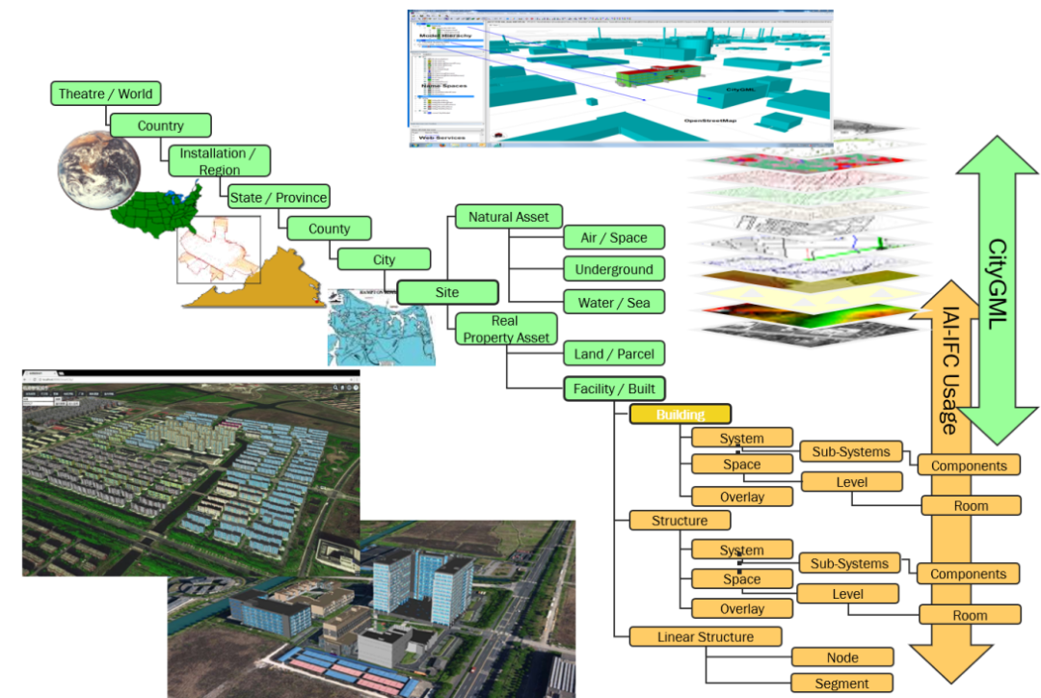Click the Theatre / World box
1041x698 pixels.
click(x=105, y=94)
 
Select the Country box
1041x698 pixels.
click(x=160, y=125)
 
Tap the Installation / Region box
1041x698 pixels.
click(x=219, y=161)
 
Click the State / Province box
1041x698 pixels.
click(x=278, y=198)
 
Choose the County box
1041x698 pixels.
click(x=328, y=228)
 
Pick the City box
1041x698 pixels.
click(x=384, y=259)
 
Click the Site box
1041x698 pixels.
click(x=447, y=291)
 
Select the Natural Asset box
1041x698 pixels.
click(x=508, y=217)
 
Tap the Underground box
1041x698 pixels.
click(x=614, y=270)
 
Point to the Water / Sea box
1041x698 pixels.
click(x=614, y=303)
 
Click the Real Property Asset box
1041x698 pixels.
click(x=506, y=329)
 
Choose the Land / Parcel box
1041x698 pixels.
click(x=614, y=354)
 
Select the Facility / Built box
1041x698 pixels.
click(x=614, y=389)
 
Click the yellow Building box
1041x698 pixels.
click(x=681, y=415)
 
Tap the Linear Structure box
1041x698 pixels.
click(x=706, y=637)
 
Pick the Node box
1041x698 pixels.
click(x=842, y=658)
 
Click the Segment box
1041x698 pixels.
click(x=842, y=683)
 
